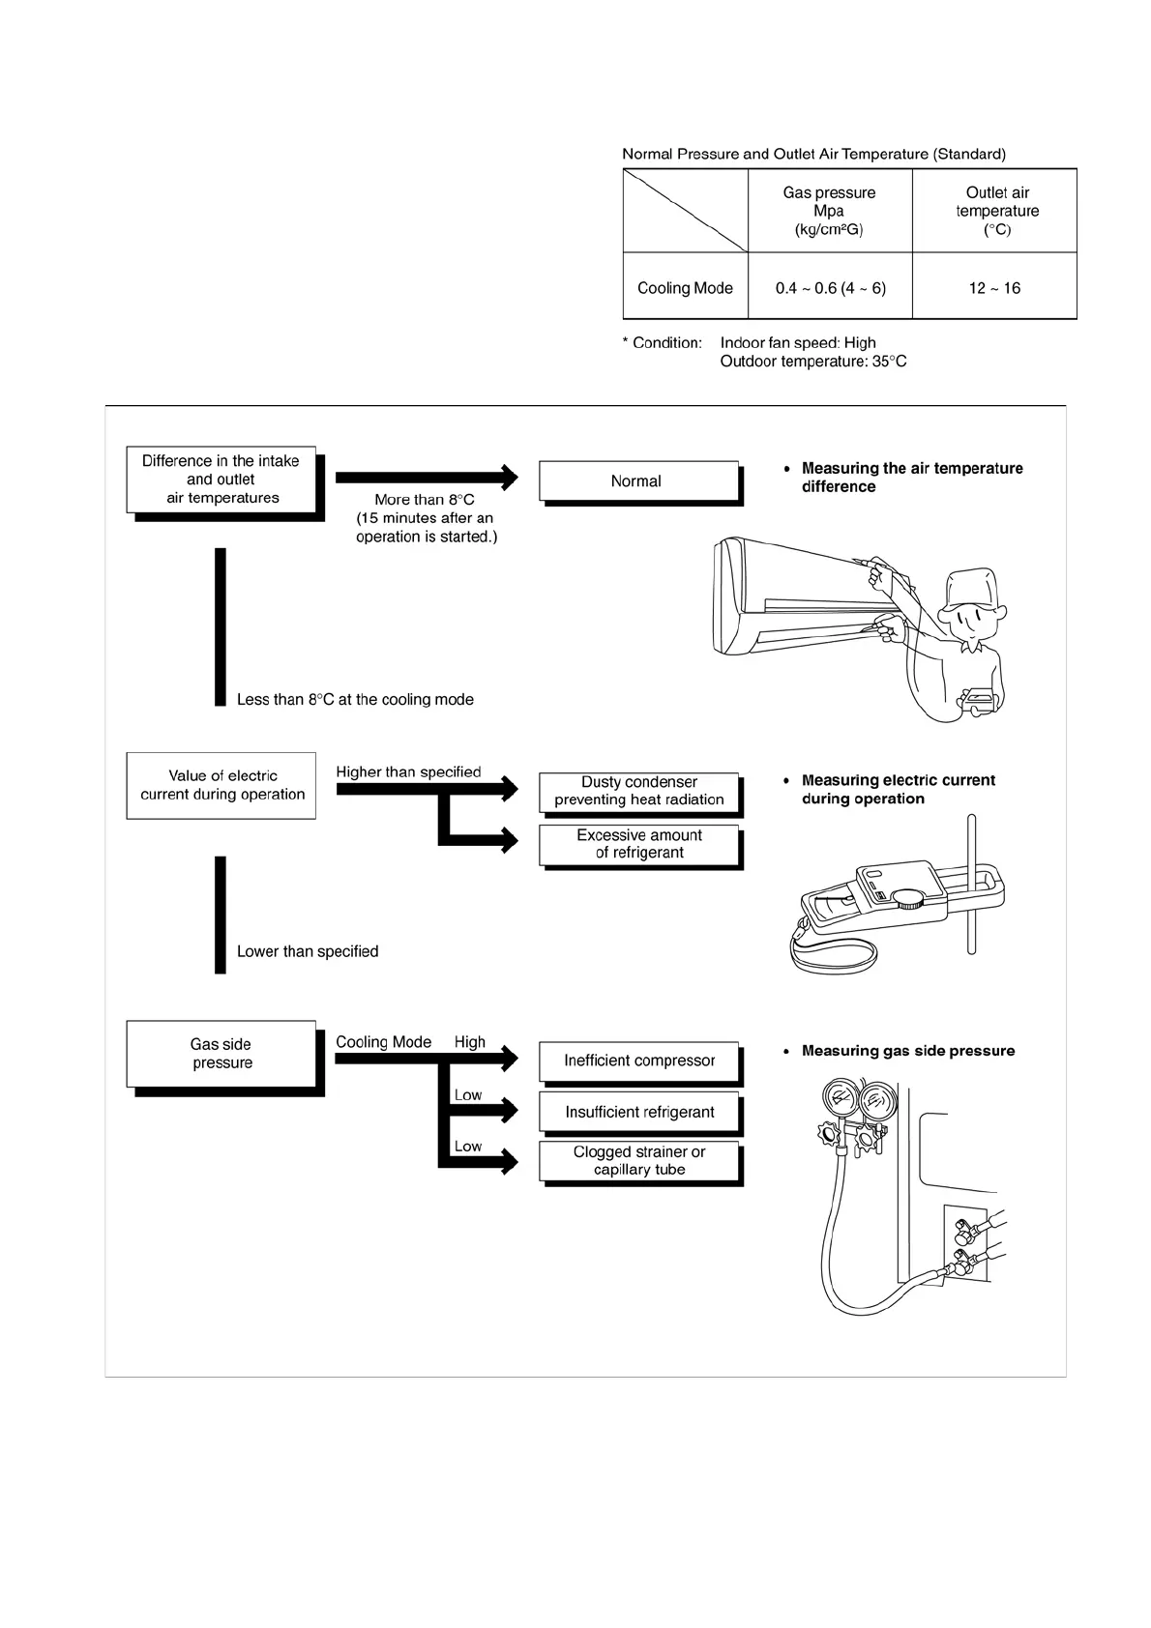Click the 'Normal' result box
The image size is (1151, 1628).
coord(637,481)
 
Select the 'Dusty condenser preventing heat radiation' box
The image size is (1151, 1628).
coord(639,791)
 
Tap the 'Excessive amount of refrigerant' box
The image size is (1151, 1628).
coord(639,844)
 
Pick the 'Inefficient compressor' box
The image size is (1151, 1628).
coord(639,1061)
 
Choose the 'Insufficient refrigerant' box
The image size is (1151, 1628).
coord(639,1112)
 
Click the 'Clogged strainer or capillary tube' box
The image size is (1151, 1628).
coord(639,1160)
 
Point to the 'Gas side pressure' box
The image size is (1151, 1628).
coord(221,1054)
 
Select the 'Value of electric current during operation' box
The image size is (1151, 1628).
coord(221,785)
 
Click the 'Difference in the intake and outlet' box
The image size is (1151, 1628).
coord(221,480)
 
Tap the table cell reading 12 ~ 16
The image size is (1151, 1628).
coord(994,288)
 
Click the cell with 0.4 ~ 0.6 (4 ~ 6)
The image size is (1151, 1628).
coord(830,288)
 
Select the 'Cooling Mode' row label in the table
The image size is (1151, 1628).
coord(685,288)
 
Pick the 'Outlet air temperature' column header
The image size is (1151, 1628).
coord(996,211)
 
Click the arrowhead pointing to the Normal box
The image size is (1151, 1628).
coord(509,477)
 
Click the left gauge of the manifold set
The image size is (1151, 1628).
coord(838,1101)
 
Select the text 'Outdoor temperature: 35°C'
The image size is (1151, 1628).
coord(813,362)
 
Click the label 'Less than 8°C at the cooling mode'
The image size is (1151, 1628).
coord(355,700)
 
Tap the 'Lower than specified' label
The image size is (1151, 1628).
coord(308,952)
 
